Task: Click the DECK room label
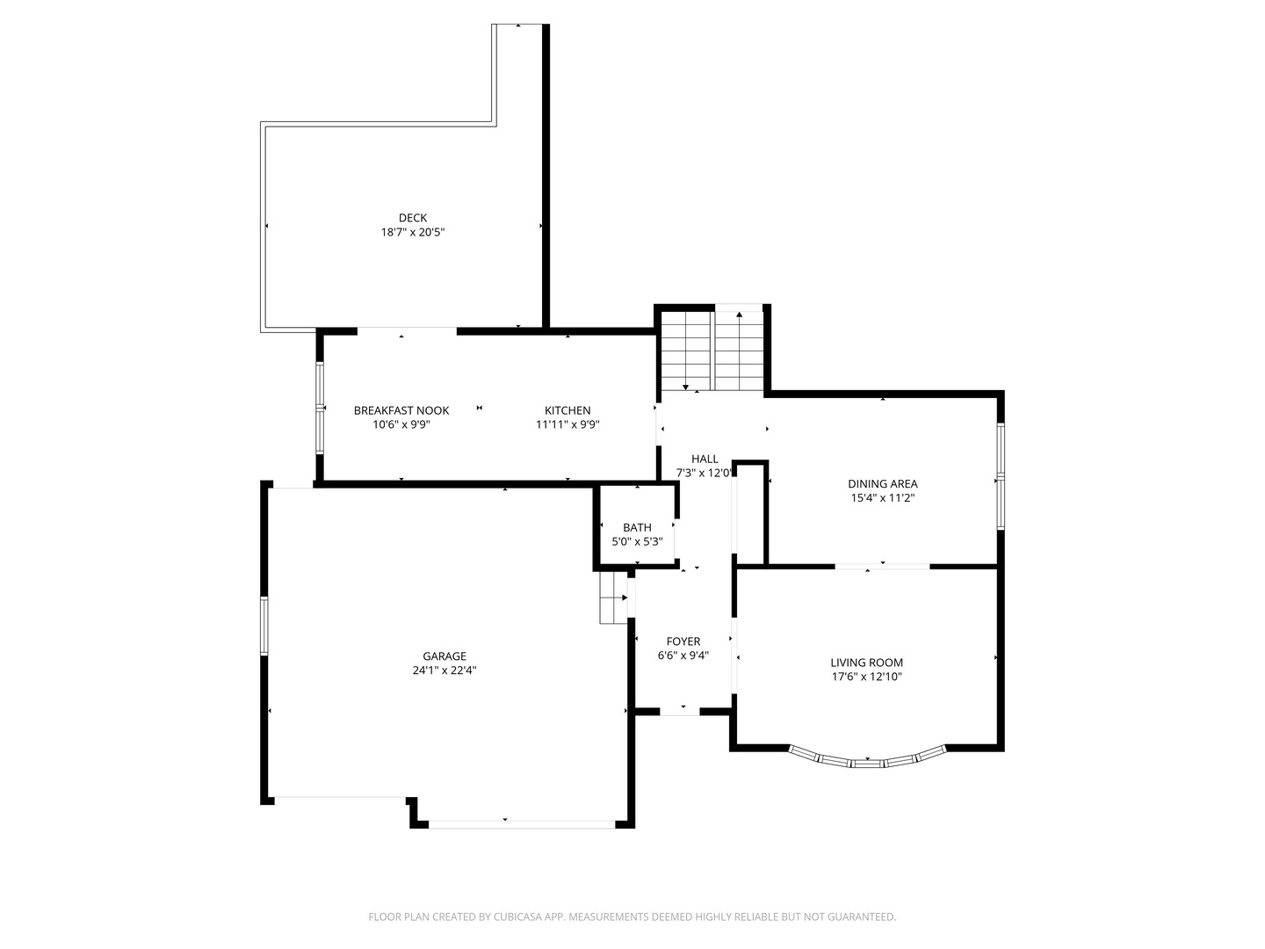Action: (x=412, y=218)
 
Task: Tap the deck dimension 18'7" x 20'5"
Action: (x=412, y=233)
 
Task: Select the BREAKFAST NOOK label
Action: (x=401, y=410)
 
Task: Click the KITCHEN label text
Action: (x=567, y=410)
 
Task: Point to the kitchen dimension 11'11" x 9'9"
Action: (x=567, y=424)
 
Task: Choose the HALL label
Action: (x=705, y=459)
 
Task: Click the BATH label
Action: (x=637, y=527)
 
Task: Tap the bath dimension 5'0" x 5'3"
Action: (x=637, y=542)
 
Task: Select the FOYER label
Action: (x=683, y=641)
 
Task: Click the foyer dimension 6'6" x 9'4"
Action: (x=683, y=656)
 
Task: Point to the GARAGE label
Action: (x=445, y=656)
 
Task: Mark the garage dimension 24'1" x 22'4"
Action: (x=445, y=670)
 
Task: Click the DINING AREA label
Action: (x=882, y=483)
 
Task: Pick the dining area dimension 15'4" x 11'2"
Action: (x=882, y=498)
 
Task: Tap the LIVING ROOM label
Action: (x=866, y=663)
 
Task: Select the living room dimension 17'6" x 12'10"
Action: (x=866, y=677)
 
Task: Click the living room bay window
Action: (x=868, y=761)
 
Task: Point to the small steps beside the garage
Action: (x=612, y=598)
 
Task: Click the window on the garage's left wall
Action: (x=264, y=626)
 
